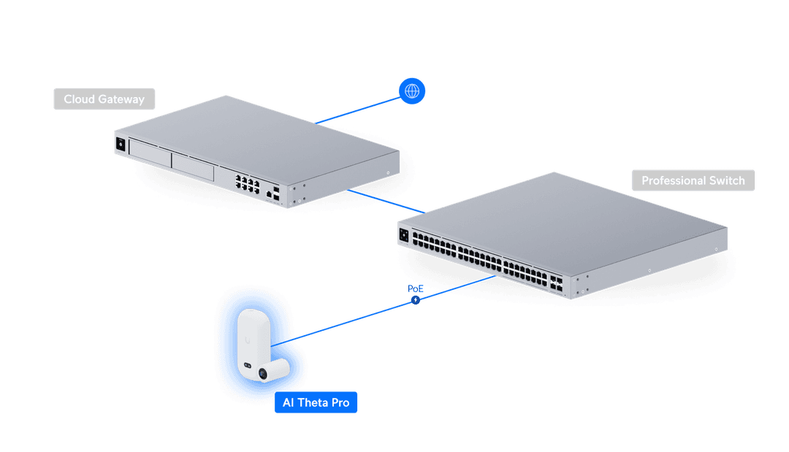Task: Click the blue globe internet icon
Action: point(412,91)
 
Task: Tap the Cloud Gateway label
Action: point(104,99)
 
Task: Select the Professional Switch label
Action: point(693,180)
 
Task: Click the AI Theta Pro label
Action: point(316,402)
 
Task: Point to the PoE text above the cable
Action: point(414,289)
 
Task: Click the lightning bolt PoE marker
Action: point(416,299)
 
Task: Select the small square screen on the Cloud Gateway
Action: point(120,145)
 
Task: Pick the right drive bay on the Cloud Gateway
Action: point(193,166)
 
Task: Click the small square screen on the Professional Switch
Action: point(403,236)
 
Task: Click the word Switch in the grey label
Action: point(728,180)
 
